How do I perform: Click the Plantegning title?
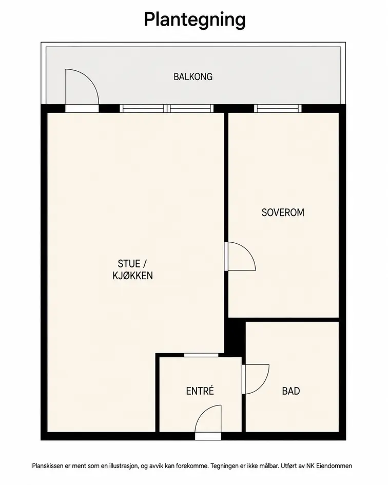click(x=195, y=20)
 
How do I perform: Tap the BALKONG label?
click(x=193, y=76)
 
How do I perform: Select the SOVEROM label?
click(x=283, y=212)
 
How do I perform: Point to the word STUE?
click(x=129, y=263)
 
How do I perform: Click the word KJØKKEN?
click(x=133, y=276)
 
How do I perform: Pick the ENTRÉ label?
click(x=200, y=391)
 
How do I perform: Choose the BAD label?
click(x=291, y=391)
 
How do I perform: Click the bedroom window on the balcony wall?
click(x=278, y=108)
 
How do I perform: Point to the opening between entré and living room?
click(x=201, y=355)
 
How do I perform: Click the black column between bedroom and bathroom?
click(x=235, y=336)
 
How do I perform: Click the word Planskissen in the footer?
click(x=47, y=466)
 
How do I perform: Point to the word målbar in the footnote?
click(x=270, y=466)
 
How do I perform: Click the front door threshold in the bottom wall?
click(x=208, y=436)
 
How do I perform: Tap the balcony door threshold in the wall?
click(x=82, y=108)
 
